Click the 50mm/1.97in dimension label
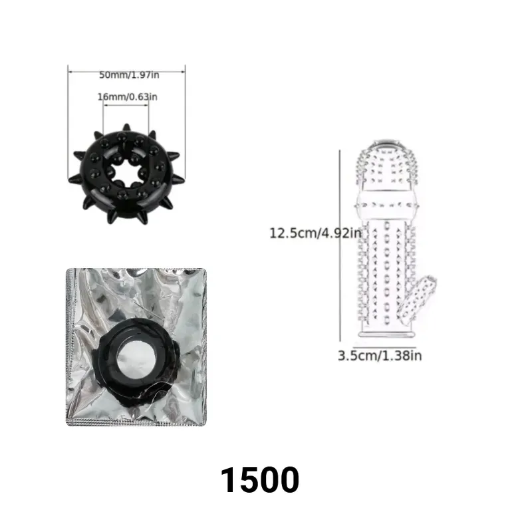[129, 75]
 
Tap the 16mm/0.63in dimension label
[127, 97]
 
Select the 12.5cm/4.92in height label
[315, 233]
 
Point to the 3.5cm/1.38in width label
[380, 356]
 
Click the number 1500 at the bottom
[260, 479]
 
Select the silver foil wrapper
[136, 346]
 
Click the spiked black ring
[126, 174]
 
